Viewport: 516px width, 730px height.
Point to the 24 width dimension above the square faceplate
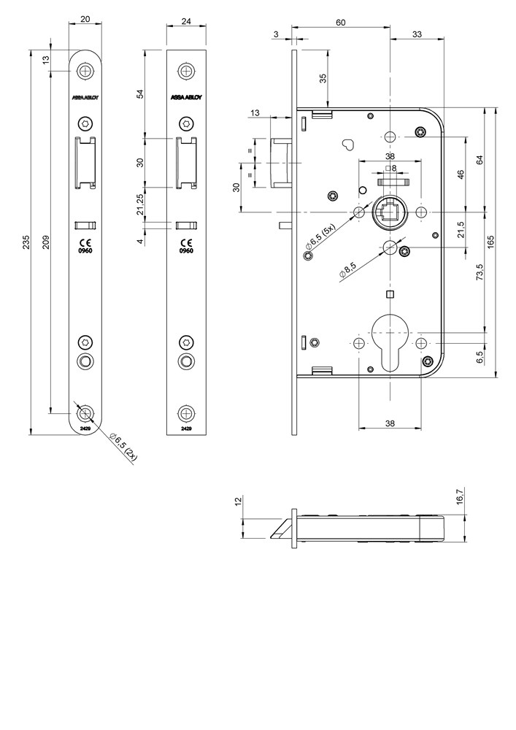coord(187,21)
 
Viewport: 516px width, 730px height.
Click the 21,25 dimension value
coord(140,204)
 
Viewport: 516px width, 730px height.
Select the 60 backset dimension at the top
coord(340,23)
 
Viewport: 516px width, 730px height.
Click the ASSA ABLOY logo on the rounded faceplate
coord(85,97)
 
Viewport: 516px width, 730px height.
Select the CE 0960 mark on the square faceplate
coord(186,245)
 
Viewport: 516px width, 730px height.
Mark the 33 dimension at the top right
coord(417,34)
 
